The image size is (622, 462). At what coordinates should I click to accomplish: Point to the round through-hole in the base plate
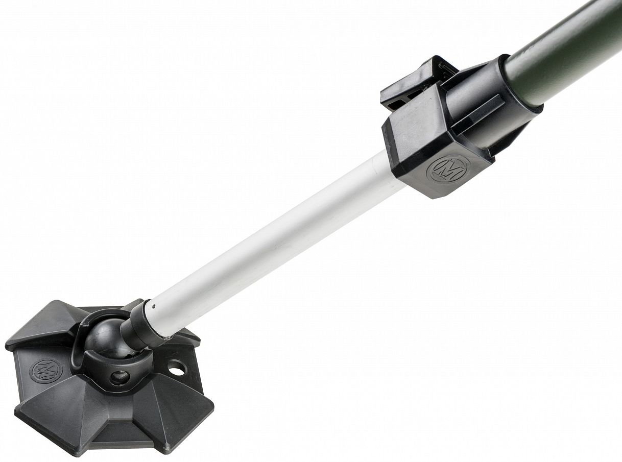(x=177, y=368)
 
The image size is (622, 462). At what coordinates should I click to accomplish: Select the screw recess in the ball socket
(x=121, y=378)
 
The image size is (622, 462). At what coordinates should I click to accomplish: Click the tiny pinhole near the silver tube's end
(x=153, y=307)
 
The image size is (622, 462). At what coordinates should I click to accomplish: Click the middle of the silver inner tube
(x=269, y=241)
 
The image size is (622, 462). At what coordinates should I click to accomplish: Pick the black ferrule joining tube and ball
(x=140, y=325)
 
